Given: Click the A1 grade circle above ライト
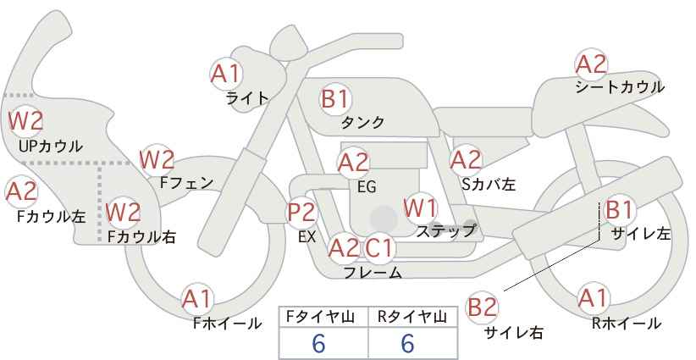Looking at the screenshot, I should (226, 74).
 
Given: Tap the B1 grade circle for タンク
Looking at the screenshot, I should (335, 99).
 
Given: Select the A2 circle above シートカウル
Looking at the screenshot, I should (591, 64).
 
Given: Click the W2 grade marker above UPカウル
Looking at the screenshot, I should (25, 121).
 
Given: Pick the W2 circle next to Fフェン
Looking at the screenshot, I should (157, 158).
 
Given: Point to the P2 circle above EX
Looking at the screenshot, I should (302, 213).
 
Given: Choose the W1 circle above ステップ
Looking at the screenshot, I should (420, 208).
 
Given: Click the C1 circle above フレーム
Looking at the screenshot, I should (380, 248).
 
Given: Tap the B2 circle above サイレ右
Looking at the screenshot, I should (483, 307).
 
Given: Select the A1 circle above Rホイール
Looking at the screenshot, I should (592, 298).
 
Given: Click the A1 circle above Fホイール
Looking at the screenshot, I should (197, 298).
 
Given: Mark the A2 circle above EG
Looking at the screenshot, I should (354, 161).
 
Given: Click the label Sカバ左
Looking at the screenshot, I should (488, 183).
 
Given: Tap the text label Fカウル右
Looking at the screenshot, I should (141, 237).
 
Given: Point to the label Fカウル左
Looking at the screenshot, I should (52, 216).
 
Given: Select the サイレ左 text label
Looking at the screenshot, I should (640, 235).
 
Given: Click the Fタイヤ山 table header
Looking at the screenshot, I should (323, 318).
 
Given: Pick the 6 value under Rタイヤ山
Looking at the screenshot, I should (407, 343).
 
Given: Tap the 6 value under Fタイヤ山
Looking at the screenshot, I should (319, 343).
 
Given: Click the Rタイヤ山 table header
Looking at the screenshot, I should (412, 318).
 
